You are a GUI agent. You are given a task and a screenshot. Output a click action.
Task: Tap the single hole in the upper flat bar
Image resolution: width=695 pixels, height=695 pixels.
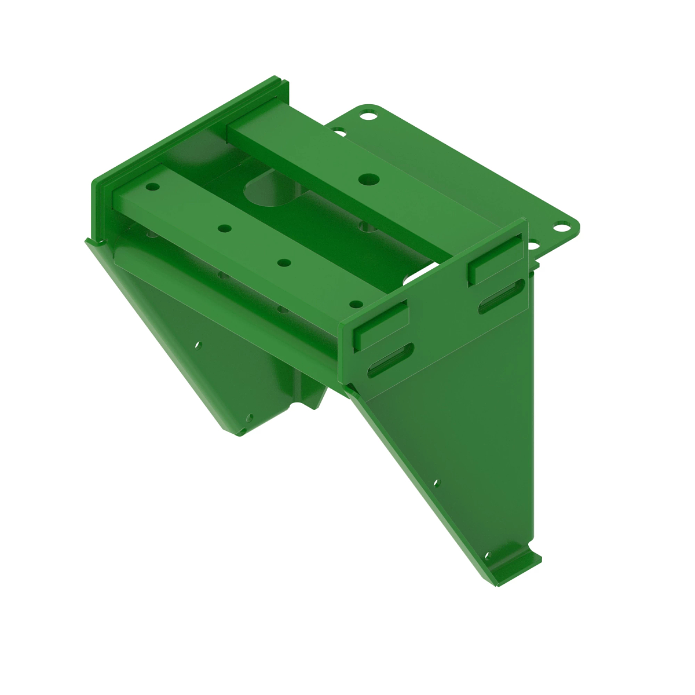(x=365, y=179)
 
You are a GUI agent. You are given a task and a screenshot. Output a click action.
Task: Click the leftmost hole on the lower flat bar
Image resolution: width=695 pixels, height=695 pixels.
(x=153, y=187)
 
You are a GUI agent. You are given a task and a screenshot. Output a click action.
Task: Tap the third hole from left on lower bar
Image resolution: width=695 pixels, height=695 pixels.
(x=283, y=263)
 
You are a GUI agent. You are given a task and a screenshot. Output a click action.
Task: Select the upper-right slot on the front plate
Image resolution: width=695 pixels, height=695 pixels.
(x=502, y=297)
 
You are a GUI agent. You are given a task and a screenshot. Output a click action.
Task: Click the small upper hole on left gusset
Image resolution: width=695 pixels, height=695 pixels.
(x=199, y=345)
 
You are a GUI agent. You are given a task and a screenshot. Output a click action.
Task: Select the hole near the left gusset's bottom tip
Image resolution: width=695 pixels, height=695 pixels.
(x=250, y=416)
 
